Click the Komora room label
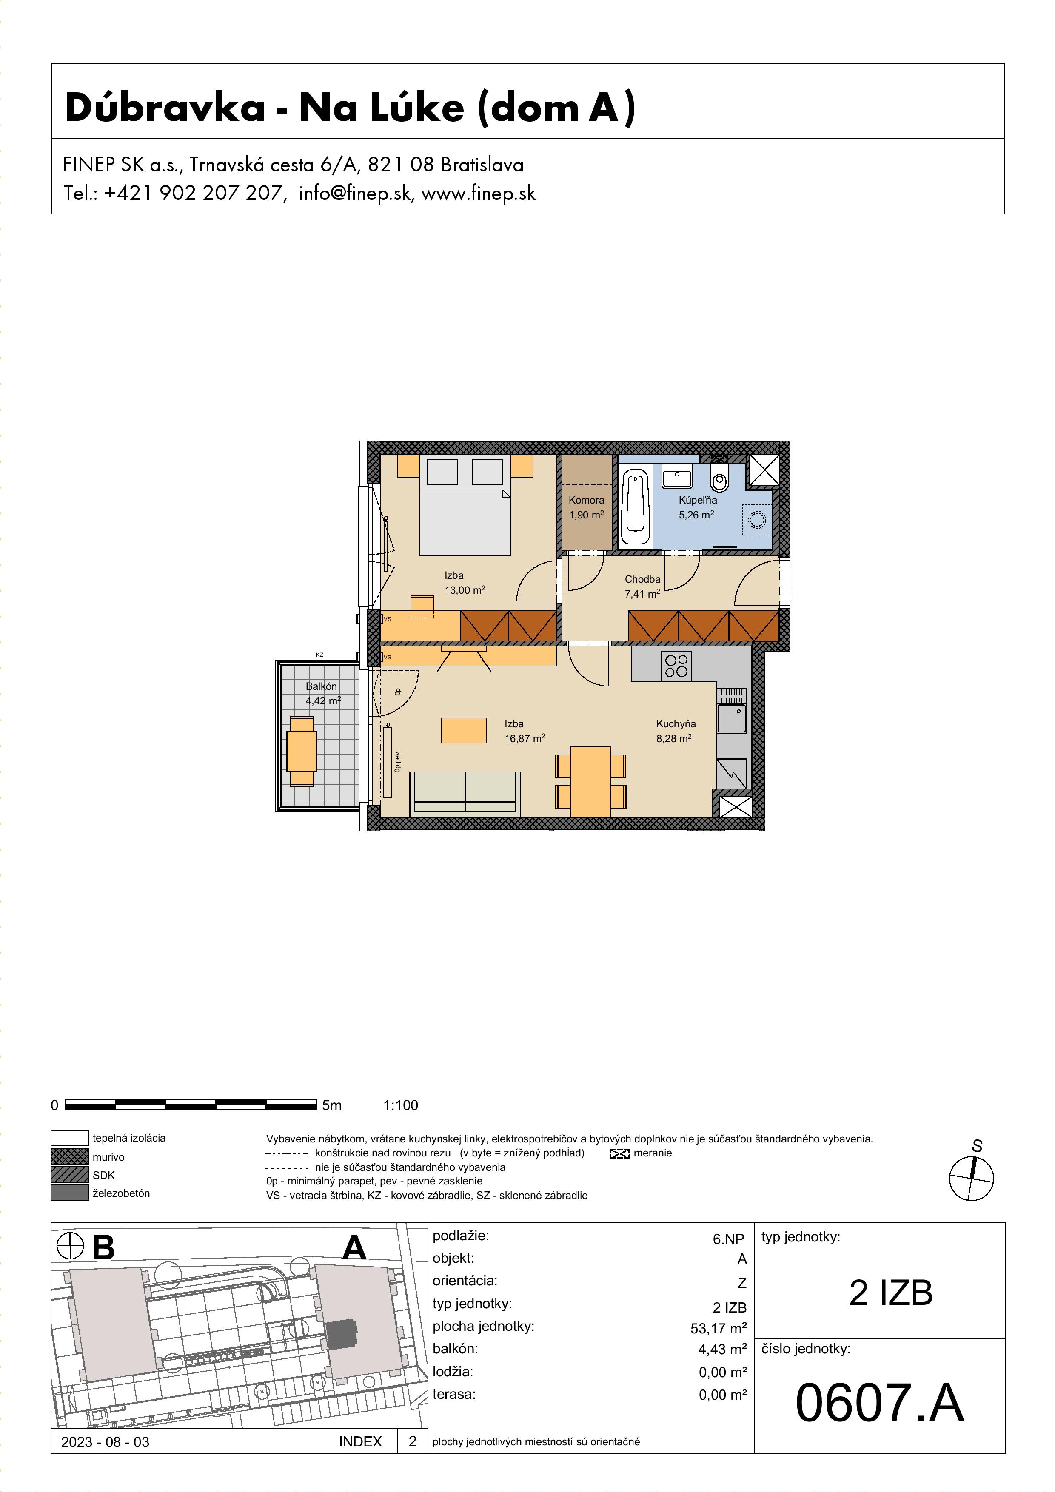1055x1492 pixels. [x=586, y=500]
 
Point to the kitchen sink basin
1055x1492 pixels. [x=732, y=719]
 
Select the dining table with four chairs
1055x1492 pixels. [x=591, y=781]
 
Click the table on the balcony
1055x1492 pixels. [x=302, y=751]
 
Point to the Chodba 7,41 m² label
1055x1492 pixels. [x=642, y=586]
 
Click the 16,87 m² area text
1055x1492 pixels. [x=525, y=739]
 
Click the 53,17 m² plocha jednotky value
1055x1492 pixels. [x=718, y=1328]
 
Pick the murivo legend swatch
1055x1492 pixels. [x=69, y=1157]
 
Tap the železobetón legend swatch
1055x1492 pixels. [x=69, y=1193]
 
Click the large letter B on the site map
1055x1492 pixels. [x=103, y=1247]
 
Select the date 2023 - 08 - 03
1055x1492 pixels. [x=105, y=1442]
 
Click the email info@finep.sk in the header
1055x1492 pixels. [x=355, y=193]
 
